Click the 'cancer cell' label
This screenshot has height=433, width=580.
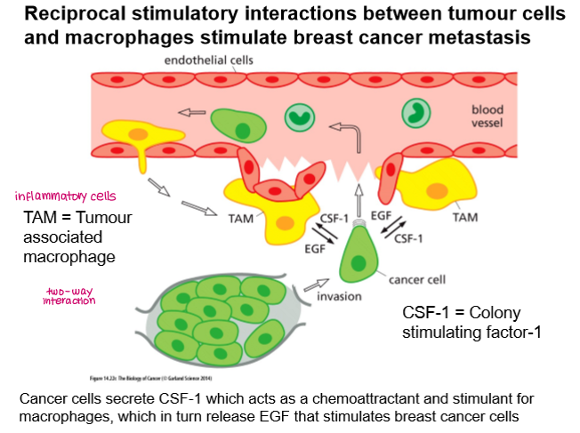[x=415, y=278]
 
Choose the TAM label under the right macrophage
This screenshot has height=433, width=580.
[x=463, y=216]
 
